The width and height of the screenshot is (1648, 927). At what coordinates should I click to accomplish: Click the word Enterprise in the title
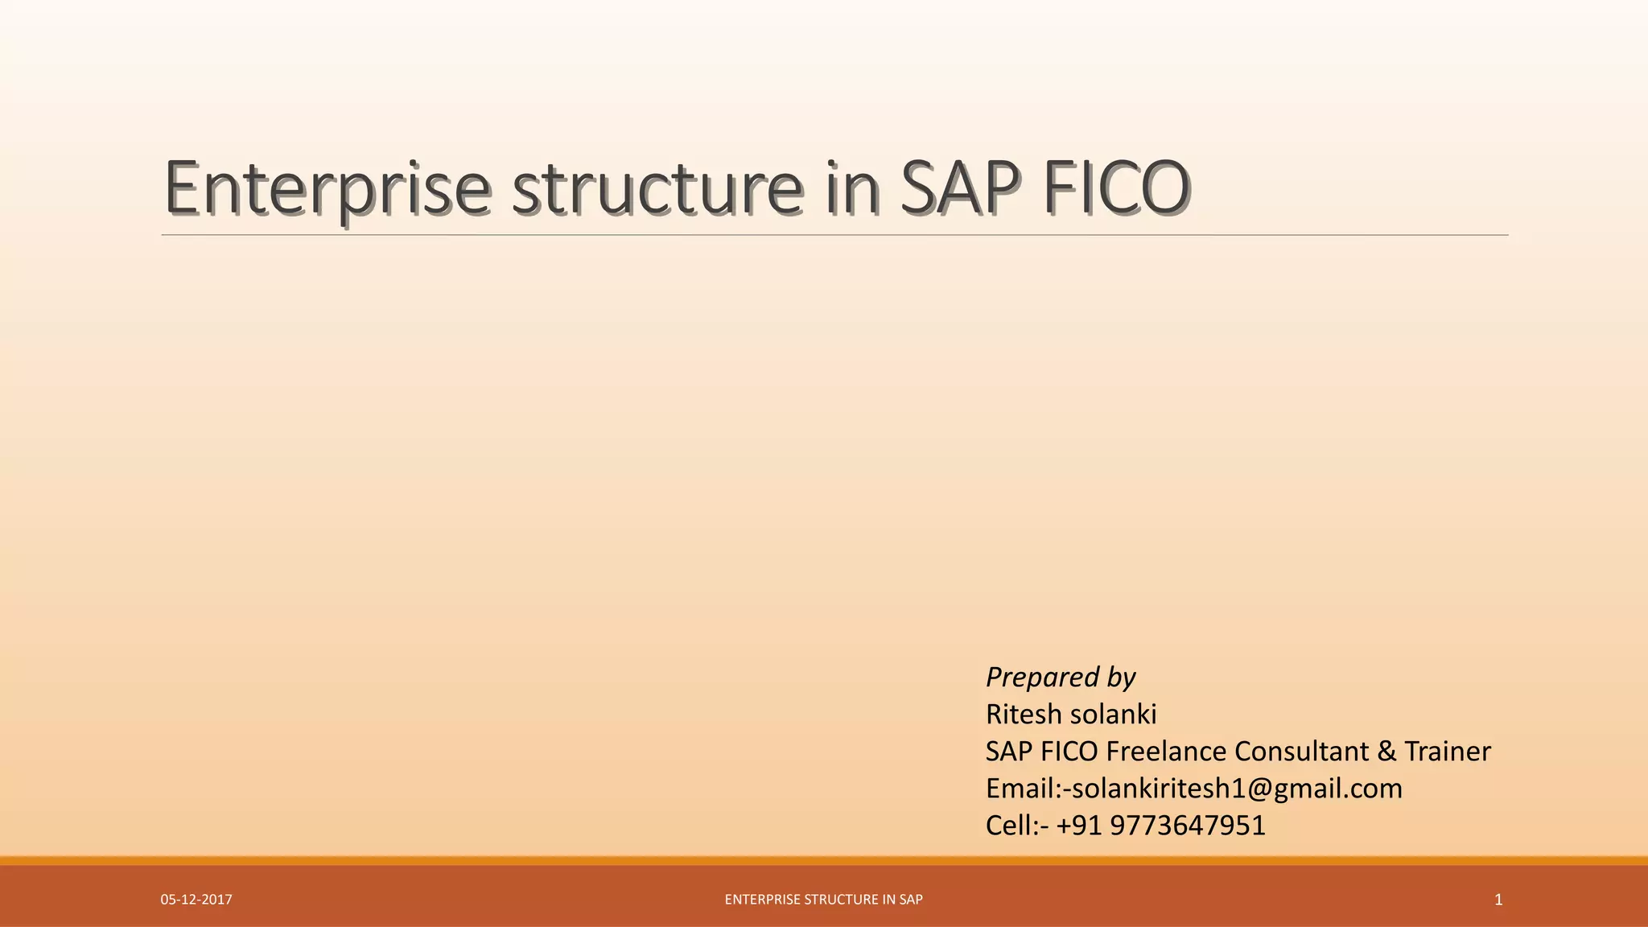(326, 189)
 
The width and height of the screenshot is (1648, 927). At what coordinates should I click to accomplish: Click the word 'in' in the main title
(852, 189)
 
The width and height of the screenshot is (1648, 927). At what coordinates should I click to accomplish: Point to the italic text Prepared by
(1060, 678)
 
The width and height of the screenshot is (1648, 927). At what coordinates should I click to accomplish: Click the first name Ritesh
(1024, 715)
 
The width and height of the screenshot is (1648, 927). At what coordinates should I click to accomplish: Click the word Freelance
(1166, 752)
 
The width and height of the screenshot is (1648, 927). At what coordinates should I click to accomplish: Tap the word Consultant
(1301, 752)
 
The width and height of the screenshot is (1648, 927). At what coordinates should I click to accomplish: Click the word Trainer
(1447, 752)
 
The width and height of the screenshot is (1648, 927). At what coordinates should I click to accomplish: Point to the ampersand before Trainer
(1386, 752)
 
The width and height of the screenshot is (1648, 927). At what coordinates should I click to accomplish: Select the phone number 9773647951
(1187, 826)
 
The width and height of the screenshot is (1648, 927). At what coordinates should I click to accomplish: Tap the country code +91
(1078, 826)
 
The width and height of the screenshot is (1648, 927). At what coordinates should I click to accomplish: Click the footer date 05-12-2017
(196, 900)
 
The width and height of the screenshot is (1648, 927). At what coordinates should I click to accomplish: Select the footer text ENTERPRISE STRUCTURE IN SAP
(823, 900)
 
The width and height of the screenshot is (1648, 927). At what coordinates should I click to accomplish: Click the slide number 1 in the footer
(1498, 900)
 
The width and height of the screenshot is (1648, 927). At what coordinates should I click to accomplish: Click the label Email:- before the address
(1024, 789)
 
